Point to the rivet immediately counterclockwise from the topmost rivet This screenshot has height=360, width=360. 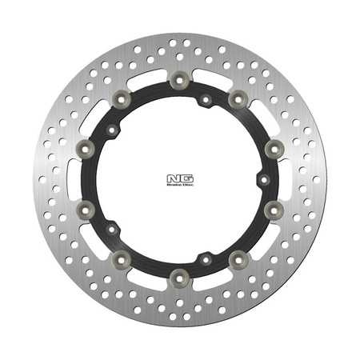pyautogui.click(x=121, y=98)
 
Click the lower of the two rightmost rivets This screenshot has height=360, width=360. pyautogui.click(x=274, y=209)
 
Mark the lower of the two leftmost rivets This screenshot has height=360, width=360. pyautogui.click(x=84, y=209)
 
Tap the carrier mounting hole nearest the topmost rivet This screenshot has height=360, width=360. pyautogui.click(x=205, y=101)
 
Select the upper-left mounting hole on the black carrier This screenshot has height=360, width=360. pyautogui.click(x=113, y=130)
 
